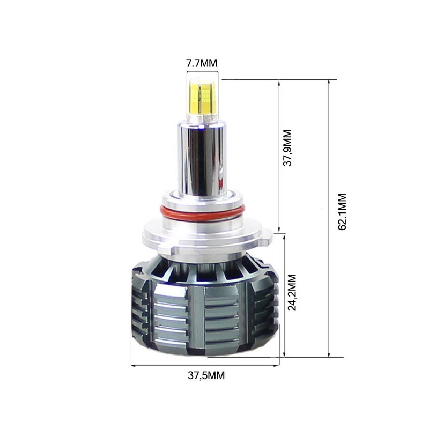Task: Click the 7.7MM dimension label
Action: pyautogui.click(x=202, y=63)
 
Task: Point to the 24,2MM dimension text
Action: pyautogui.click(x=292, y=293)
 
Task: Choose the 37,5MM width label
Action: pyautogui.click(x=206, y=375)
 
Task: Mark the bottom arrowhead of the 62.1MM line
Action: pyautogui.click(x=328, y=354)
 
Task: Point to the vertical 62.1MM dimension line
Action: pyautogui.click(x=328, y=268)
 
